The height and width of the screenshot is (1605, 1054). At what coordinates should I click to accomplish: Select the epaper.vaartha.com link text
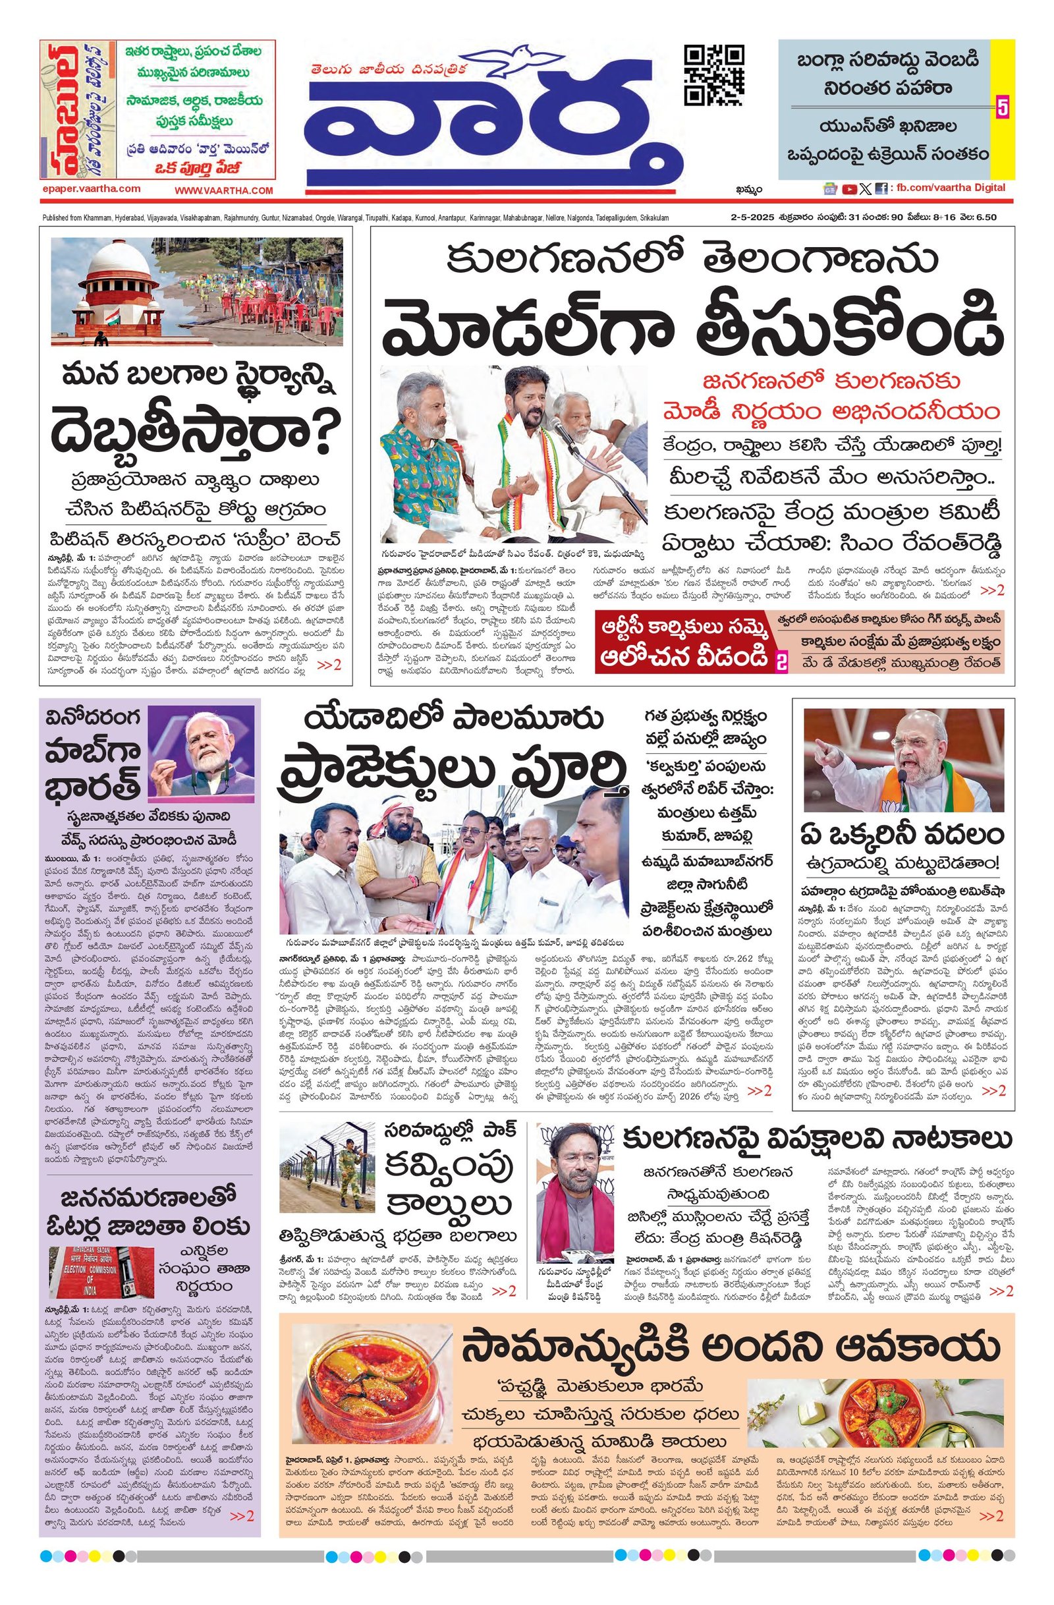tap(90, 190)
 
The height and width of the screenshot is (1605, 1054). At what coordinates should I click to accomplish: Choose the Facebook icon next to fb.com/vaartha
tap(880, 190)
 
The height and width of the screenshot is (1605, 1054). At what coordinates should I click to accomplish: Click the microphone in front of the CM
tap(561, 432)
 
